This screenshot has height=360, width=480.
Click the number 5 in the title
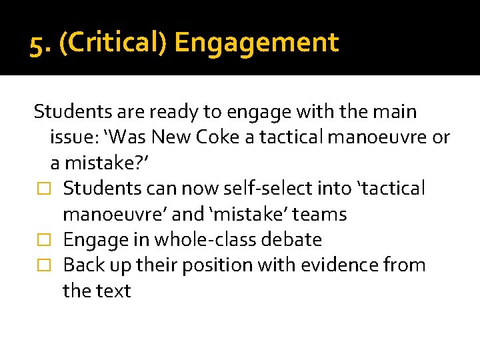tap(37, 44)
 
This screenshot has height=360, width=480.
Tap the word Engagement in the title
tap(257, 43)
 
